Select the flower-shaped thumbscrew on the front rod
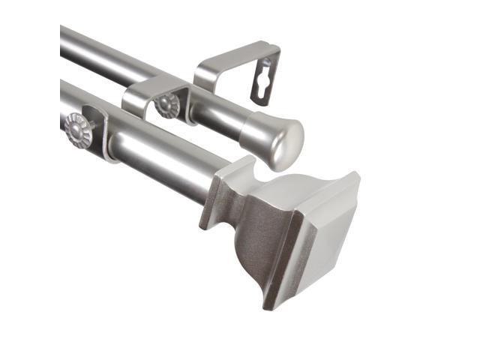[76, 130]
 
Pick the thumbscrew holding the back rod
[166, 105]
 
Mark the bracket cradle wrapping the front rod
[101, 135]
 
